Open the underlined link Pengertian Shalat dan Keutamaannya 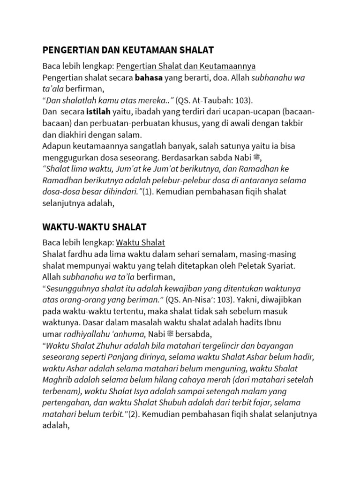click(x=186, y=65)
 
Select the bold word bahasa click(x=149, y=77)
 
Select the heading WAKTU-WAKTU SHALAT click(x=94, y=227)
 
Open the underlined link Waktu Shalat click(x=141, y=243)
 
